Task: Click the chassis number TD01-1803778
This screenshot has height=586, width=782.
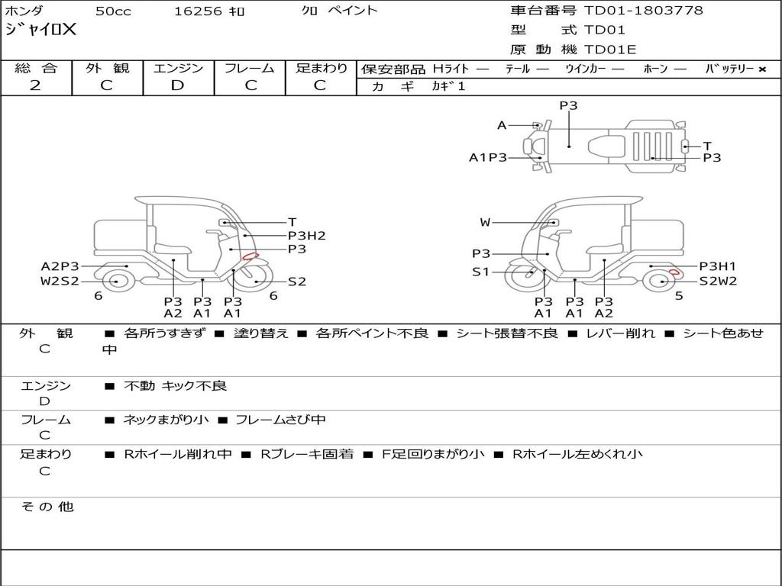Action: [643, 11]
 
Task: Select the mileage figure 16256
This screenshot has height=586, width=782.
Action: [197, 11]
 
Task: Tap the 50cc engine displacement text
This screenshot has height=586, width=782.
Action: [113, 11]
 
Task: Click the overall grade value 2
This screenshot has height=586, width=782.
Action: [35, 85]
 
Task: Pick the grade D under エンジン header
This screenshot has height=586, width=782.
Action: [177, 85]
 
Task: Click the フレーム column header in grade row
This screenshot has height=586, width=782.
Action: [250, 68]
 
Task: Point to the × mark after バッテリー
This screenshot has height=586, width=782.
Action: [762, 69]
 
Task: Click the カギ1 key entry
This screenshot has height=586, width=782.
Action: [448, 86]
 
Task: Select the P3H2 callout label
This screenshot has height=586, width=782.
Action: [307, 236]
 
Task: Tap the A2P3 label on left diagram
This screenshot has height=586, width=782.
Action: [60, 266]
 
